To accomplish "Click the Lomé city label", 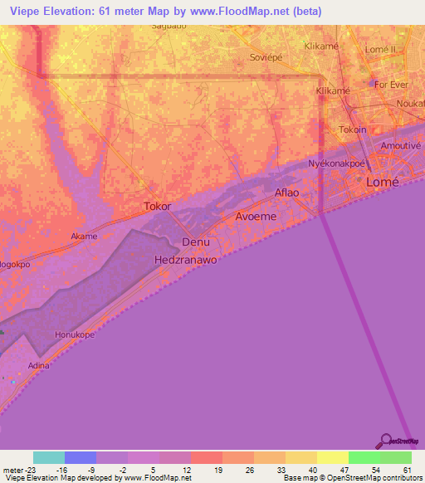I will point(383,182).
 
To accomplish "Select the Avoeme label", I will point(256,216).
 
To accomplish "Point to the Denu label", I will point(196,242).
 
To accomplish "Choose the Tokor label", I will point(158,206).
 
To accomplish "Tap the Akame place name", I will point(84,236).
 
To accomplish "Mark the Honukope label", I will point(76,334).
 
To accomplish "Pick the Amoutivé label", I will point(400,144).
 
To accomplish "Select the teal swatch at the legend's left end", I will point(49,457).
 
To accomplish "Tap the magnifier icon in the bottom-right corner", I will point(386,442).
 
